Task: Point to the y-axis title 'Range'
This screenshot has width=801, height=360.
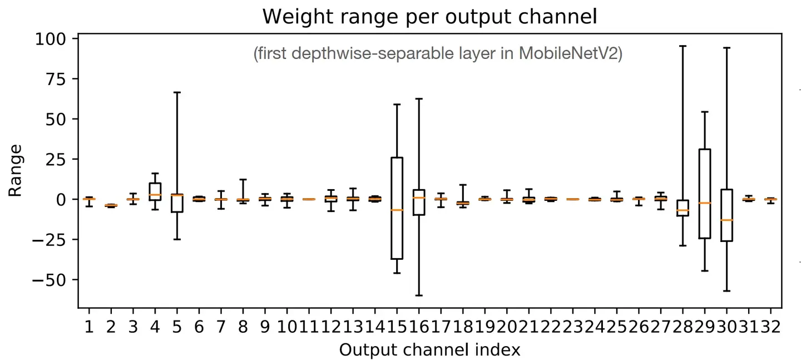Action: tap(15, 170)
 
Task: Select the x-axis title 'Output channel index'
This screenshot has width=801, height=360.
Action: tap(429, 349)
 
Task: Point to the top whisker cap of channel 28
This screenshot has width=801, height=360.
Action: tap(683, 46)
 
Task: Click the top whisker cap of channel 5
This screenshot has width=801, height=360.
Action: tap(177, 92)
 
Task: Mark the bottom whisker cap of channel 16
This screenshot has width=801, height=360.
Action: tap(419, 295)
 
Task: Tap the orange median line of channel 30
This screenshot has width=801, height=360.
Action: tap(726, 220)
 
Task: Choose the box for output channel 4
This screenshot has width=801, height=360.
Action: tap(155, 191)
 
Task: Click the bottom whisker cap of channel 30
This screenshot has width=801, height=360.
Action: tap(726, 291)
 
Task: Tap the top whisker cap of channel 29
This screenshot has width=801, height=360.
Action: tap(705, 112)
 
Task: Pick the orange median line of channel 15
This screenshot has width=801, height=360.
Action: tap(397, 210)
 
